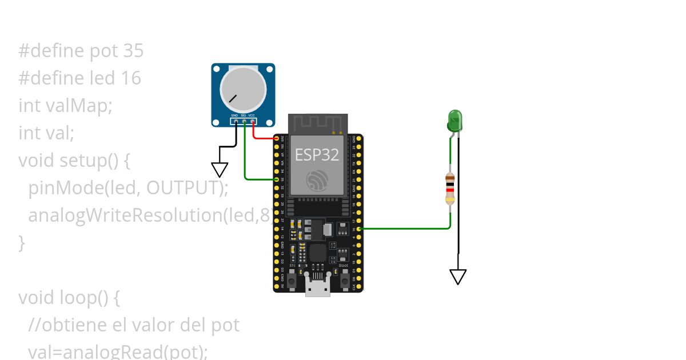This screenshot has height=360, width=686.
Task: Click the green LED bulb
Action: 454,121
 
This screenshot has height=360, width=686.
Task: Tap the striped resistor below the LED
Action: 450,189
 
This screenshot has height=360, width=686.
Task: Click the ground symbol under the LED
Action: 458,277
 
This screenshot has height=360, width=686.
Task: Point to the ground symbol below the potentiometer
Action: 220,170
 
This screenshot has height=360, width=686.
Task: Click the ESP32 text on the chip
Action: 317,154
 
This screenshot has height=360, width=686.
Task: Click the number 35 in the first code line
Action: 133,51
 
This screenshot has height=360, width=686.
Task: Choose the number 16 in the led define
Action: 131,78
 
